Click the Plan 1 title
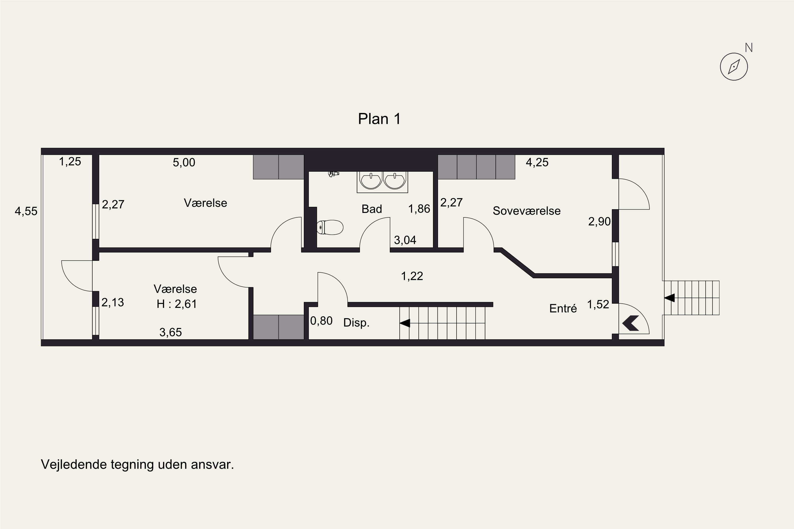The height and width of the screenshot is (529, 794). pyautogui.click(x=379, y=119)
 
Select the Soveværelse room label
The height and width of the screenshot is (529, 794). pyautogui.click(x=526, y=211)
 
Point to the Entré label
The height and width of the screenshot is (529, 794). pyautogui.click(x=563, y=308)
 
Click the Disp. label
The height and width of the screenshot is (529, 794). pyautogui.click(x=356, y=323)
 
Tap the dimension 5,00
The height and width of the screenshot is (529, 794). pyautogui.click(x=184, y=163)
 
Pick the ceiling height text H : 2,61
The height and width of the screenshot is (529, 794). pyautogui.click(x=176, y=304)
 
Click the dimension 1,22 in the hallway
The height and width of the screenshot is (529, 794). pyautogui.click(x=412, y=276)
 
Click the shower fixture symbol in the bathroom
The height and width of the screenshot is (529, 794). pyautogui.click(x=333, y=174)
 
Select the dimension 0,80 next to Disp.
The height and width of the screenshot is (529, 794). pyautogui.click(x=321, y=321)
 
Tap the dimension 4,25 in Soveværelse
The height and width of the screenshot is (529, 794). pyautogui.click(x=537, y=163)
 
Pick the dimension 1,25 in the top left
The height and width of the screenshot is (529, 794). pyautogui.click(x=70, y=162)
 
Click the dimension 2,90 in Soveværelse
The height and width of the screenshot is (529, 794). pyautogui.click(x=599, y=222)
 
